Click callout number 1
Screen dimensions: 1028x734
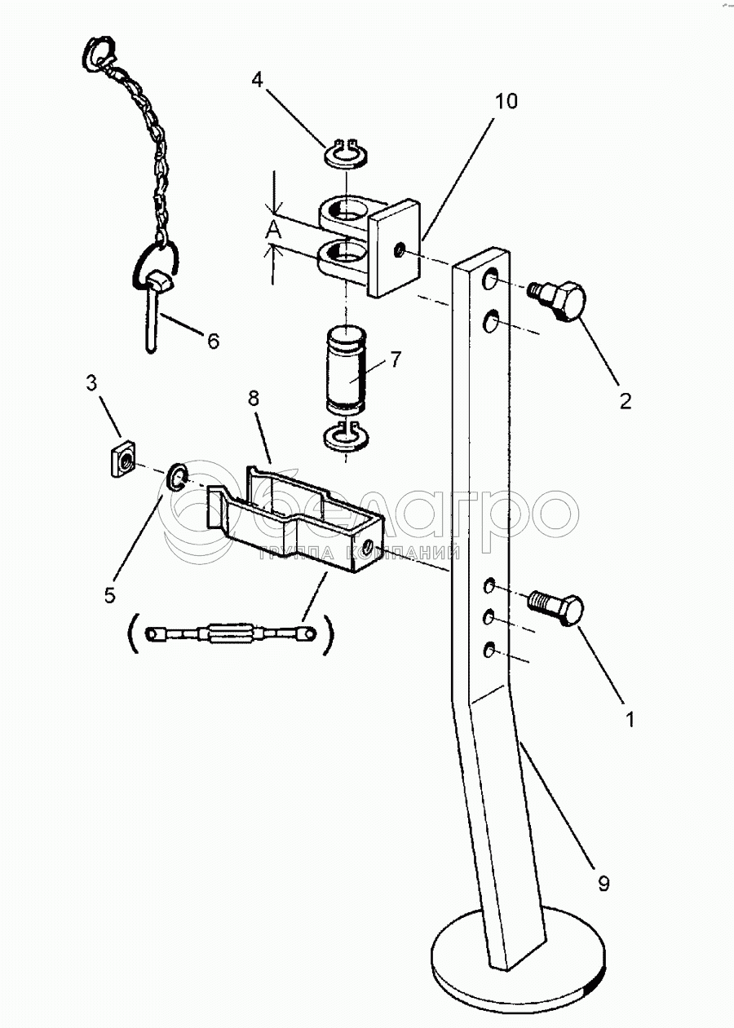628,721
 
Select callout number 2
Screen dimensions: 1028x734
625,400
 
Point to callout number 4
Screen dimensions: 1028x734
257,80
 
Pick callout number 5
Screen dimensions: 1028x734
110,595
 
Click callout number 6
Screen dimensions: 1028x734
212,341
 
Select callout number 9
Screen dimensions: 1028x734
602,884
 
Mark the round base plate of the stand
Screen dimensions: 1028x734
517,962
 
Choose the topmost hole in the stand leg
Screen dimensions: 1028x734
492,280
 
